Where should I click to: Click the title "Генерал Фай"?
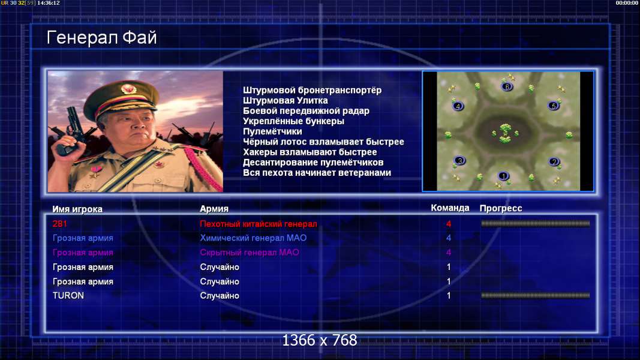point(101,38)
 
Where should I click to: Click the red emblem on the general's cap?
point(128,89)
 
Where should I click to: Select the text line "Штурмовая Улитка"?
point(286,100)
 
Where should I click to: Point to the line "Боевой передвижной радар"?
point(306,111)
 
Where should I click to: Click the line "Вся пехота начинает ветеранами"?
point(317,173)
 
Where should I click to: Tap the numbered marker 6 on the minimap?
point(507,86)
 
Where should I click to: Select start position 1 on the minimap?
point(503,176)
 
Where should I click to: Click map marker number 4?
point(458,107)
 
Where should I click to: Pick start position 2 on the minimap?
point(554,162)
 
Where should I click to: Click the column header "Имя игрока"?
point(77,209)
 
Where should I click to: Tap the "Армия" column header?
point(214,209)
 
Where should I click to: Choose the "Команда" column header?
point(450,208)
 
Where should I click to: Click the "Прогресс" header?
point(501,208)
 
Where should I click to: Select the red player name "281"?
point(59,224)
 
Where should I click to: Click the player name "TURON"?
point(68,296)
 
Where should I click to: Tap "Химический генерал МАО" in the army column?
point(253,238)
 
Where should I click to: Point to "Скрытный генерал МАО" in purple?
point(250,253)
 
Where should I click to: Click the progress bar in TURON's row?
point(536,295)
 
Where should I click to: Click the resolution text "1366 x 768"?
point(320,340)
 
